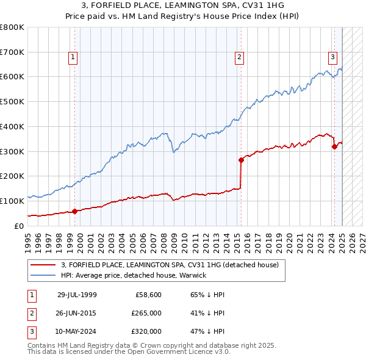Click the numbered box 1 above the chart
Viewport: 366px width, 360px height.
73,58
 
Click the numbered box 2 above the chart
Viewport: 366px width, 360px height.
239,58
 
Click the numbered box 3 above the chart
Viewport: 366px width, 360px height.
332,58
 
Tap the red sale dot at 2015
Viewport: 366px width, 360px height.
241,160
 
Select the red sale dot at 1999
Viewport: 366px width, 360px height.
74,211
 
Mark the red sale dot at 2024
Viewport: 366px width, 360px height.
334,146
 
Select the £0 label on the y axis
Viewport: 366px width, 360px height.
18,226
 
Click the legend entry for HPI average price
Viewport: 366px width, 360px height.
134,275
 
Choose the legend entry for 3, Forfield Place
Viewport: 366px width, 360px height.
170,265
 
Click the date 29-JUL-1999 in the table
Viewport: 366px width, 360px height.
77,295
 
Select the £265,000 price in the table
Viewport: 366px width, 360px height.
146,313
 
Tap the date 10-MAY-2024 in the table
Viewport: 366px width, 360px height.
77,331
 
